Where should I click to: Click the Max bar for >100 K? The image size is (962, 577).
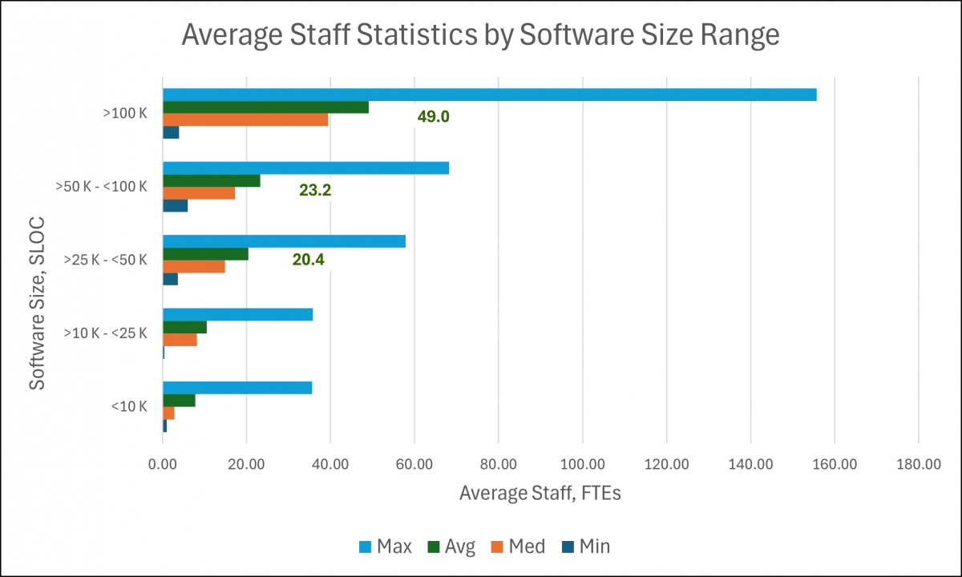pyautogui.click(x=489, y=95)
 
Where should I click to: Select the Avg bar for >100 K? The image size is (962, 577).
pyautogui.click(x=265, y=107)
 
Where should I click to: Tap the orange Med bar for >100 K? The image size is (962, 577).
pyautogui.click(x=245, y=119)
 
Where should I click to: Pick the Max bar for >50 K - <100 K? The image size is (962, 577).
pyautogui.click(x=305, y=168)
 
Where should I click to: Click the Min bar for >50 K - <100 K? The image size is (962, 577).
pyautogui.click(x=175, y=206)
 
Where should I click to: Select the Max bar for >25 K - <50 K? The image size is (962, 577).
pyautogui.click(x=284, y=241)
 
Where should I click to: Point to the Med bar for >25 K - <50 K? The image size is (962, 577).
pyautogui.click(x=193, y=267)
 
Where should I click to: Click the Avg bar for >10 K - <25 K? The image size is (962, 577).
pyautogui.click(x=184, y=327)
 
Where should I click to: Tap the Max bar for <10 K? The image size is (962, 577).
pyautogui.click(x=237, y=388)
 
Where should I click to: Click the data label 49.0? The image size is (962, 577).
pyautogui.click(x=433, y=117)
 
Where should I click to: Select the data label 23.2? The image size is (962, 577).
pyautogui.click(x=315, y=191)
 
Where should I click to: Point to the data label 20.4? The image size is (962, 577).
pyautogui.click(x=308, y=260)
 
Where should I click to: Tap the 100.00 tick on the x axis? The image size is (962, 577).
pyautogui.click(x=582, y=464)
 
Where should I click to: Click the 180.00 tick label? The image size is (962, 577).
pyautogui.click(x=918, y=464)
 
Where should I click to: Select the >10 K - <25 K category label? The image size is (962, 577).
pyautogui.click(x=105, y=333)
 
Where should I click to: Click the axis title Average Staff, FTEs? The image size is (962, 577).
pyautogui.click(x=540, y=494)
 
